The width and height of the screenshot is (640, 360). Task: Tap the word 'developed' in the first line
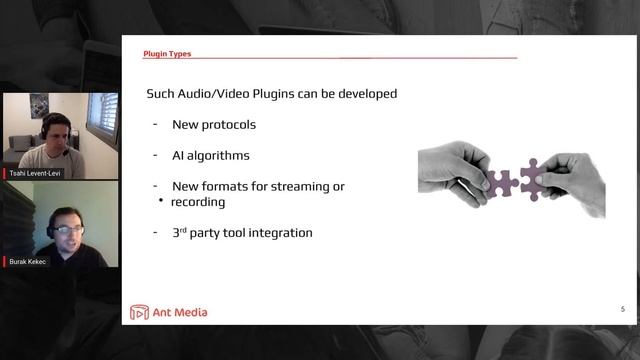[366, 94]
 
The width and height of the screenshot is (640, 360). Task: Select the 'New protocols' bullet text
[213, 125]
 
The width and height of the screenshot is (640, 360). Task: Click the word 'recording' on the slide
[198, 202]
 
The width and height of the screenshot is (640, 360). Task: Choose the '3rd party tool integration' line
[242, 233]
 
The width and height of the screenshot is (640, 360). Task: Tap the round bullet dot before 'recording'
[160, 200]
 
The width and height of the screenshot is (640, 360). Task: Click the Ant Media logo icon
[139, 313]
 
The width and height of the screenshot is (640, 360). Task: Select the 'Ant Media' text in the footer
[180, 313]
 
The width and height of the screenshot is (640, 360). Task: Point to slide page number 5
[623, 309]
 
